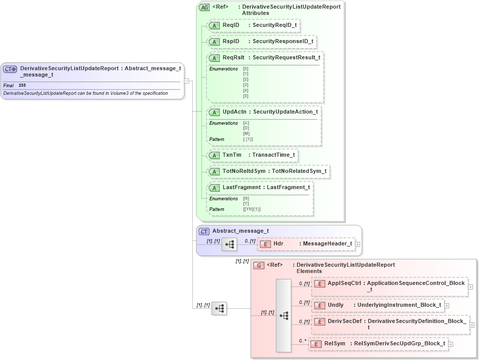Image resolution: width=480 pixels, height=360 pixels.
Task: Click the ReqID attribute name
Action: pyautogui.click(x=230, y=25)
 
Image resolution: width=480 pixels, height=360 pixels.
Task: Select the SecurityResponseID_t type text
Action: pyautogui.click(x=283, y=42)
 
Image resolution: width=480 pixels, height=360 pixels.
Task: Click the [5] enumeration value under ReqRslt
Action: pyautogui.click(x=246, y=96)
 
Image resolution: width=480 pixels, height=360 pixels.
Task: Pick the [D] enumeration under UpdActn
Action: pyautogui.click(x=246, y=128)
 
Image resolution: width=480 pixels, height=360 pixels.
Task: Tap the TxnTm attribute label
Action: pyautogui.click(x=232, y=155)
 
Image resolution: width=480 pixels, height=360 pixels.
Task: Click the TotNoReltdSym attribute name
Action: pyautogui.click(x=244, y=171)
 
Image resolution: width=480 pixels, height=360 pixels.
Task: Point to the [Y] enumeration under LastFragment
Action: pyautogui.click(x=246, y=204)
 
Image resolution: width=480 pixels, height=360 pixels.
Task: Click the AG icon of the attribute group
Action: pyautogui.click(x=204, y=7)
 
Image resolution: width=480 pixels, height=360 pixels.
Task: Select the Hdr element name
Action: pyautogui.click(x=278, y=244)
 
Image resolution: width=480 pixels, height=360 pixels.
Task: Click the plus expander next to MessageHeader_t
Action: pyautogui.click(x=358, y=244)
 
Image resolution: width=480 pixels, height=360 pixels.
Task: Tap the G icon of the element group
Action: pyautogui.click(x=259, y=265)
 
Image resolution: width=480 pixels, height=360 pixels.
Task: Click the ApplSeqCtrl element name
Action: pyautogui.click(x=344, y=283)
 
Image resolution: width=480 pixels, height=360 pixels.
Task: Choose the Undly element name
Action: pyautogui.click(x=335, y=305)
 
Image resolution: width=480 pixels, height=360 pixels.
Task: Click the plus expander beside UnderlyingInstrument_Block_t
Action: pyautogui.click(x=447, y=305)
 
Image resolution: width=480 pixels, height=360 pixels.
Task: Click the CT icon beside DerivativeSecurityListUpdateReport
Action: pyautogui.click(x=10, y=69)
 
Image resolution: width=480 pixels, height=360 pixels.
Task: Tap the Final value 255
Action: pyautogui.click(x=22, y=86)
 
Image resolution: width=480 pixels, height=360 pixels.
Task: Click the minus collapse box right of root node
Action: pyautogui.click(x=187, y=81)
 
